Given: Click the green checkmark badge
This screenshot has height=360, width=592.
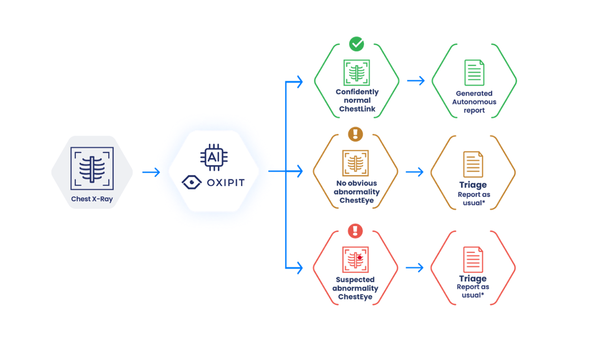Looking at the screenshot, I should pyautogui.click(x=356, y=44).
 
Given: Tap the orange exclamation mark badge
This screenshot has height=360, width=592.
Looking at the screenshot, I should pyautogui.click(x=355, y=134).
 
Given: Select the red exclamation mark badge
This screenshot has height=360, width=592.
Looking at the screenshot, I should pyautogui.click(x=355, y=230).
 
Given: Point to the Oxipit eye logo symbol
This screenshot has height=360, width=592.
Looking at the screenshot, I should pyautogui.click(x=192, y=183).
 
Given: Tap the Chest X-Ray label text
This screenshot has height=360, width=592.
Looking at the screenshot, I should pyautogui.click(x=92, y=199).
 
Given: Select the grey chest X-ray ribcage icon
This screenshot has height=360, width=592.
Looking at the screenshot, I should pyautogui.click(x=92, y=167).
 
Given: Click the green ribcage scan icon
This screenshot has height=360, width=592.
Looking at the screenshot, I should pyautogui.click(x=357, y=73).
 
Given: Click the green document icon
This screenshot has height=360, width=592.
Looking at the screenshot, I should pyautogui.click(x=474, y=73).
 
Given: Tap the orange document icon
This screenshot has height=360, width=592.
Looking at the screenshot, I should pyautogui.click(x=473, y=164).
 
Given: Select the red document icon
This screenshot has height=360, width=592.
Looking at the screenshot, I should pyautogui.click(x=473, y=260).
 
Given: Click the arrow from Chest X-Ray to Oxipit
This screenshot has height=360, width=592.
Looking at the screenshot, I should pyautogui.click(x=151, y=172).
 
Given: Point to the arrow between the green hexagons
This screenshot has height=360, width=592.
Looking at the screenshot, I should pyautogui.click(x=416, y=80).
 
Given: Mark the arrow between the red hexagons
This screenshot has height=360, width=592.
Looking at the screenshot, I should pyautogui.click(x=415, y=267).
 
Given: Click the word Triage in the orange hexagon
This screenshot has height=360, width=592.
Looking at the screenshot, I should pyautogui.click(x=473, y=185).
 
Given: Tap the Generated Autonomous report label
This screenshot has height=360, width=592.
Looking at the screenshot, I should pyautogui.click(x=474, y=102).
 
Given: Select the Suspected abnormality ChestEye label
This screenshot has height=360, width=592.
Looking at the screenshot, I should pyautogui.click(x=355, y=288).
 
